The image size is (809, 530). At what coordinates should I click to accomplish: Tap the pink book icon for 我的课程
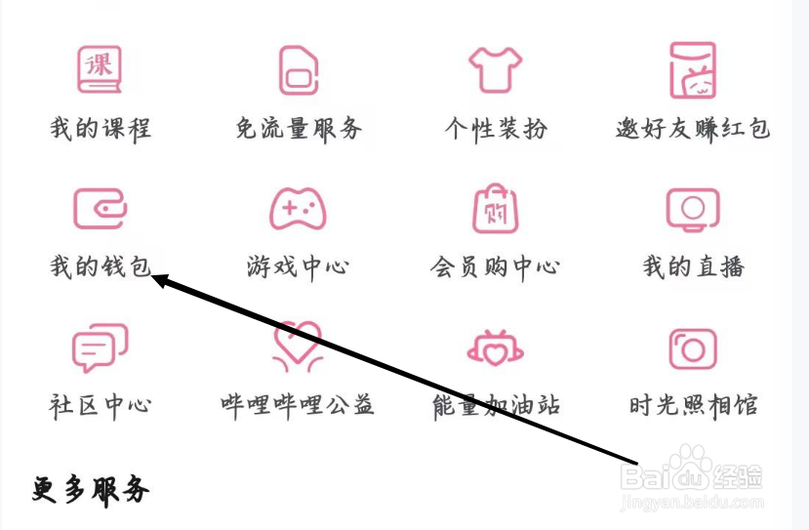click(100, 69)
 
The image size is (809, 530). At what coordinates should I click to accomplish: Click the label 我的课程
click(101, 128)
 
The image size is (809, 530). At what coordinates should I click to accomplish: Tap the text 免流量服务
click(299, 128)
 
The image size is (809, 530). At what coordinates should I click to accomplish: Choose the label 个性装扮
click(496, 128)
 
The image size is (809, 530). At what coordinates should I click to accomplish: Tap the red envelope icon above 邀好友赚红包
click(693, 69)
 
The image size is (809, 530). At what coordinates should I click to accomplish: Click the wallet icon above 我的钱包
click(100, 208)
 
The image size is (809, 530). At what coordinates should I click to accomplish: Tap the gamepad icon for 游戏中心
click(298, 208)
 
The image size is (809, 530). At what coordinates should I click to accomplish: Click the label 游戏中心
click(298, 266)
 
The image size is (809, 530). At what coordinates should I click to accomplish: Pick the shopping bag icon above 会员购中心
click(496, 208)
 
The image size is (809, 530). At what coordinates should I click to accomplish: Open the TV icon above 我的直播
click(693, 208)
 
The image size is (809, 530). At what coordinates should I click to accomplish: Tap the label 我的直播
click(693, 266)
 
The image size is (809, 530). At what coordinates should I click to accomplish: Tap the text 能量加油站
click(496, 405)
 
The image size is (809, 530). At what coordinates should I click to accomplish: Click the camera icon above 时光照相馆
click(693, 347)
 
